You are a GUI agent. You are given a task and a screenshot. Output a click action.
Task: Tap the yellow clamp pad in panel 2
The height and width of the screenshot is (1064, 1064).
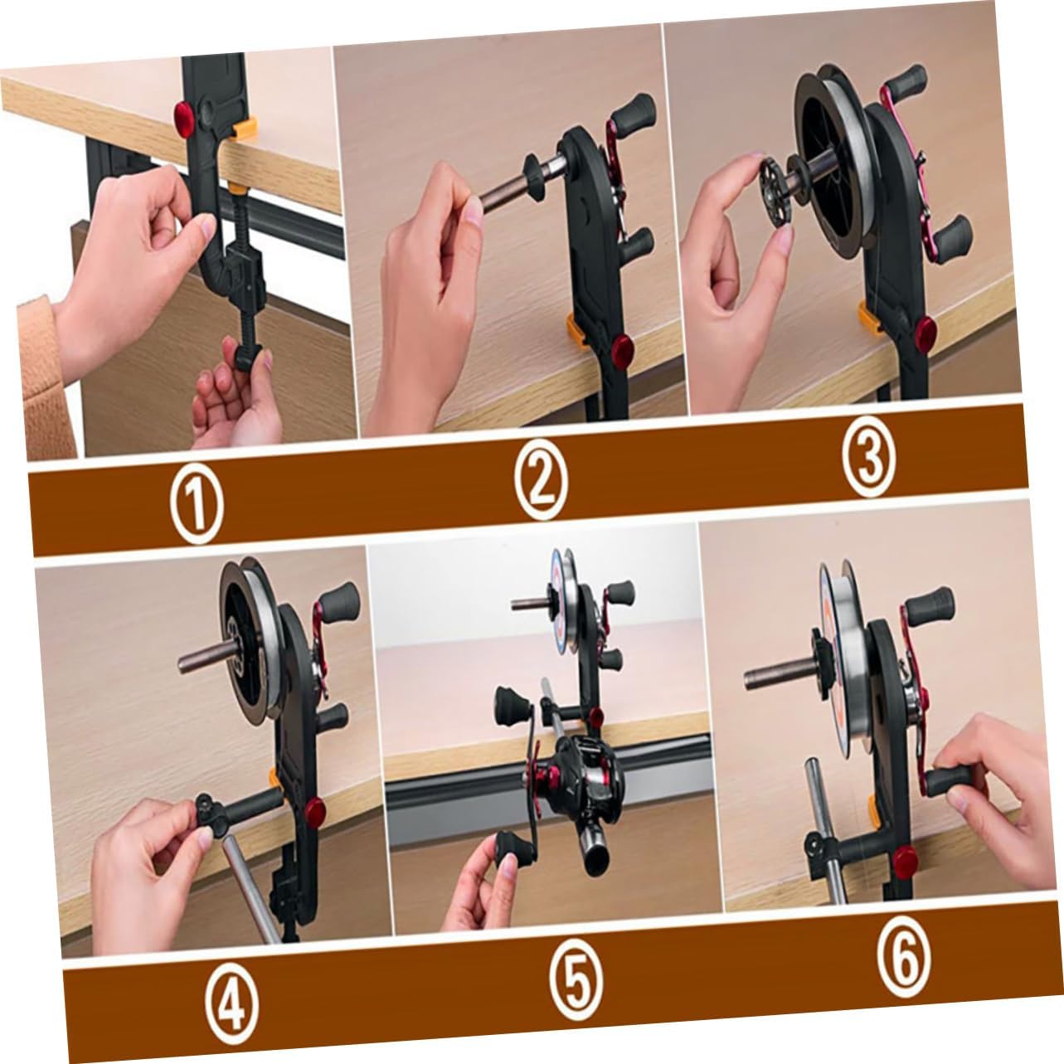click(575, 329)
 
